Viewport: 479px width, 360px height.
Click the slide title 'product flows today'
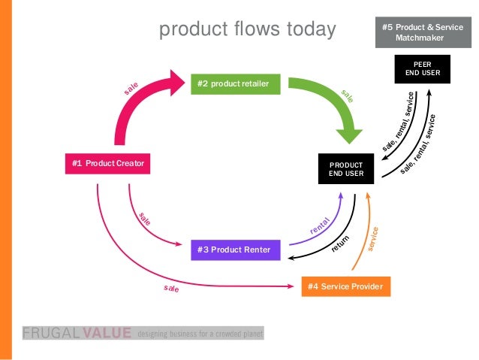click(247, 30)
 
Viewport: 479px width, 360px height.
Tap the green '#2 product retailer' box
click(238, 83)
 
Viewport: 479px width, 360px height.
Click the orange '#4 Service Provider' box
click(345, 286)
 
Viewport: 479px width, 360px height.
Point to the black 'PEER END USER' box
click(417, 69)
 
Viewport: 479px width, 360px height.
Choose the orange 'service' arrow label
click(375, 239)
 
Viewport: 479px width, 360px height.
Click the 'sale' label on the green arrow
click(348, 96)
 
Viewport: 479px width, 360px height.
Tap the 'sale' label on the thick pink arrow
click(132, 89)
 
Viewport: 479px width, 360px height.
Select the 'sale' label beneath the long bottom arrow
click(171, 288)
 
